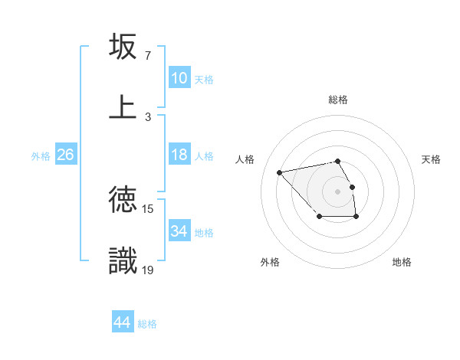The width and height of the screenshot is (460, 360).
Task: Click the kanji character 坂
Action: click(x=123, y=47)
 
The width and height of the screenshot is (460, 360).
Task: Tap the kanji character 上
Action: click(x=123, y=106)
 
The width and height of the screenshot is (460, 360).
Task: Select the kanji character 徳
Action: click(x=123, y=200)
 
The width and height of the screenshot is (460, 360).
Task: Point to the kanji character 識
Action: click(x=123, y=260)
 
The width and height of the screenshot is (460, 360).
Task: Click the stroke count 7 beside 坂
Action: click(x=147, y=56)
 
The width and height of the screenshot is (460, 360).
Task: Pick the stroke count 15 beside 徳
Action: click(x=149, y=208)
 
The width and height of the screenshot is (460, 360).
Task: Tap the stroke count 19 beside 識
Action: click(x=149, y=270)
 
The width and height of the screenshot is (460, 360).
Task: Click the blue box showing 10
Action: click(x=179, y=78)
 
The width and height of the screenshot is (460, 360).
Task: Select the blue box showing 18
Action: click(x=179, y=155)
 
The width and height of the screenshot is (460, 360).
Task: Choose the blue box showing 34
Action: click(x=179, y=231)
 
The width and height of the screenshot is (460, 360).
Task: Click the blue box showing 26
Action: click(x=65, y=155)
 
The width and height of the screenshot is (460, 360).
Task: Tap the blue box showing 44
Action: click(x=122, y=322)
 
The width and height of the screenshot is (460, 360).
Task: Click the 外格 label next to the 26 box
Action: click(x=41, y=156)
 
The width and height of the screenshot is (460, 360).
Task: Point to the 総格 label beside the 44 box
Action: click(x=147, y=324)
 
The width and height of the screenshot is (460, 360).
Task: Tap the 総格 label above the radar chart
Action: click(x=338, y=100)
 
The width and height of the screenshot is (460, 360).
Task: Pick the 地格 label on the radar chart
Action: click(x=402, y=262)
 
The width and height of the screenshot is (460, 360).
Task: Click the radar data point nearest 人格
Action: click(x=280, y=172)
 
